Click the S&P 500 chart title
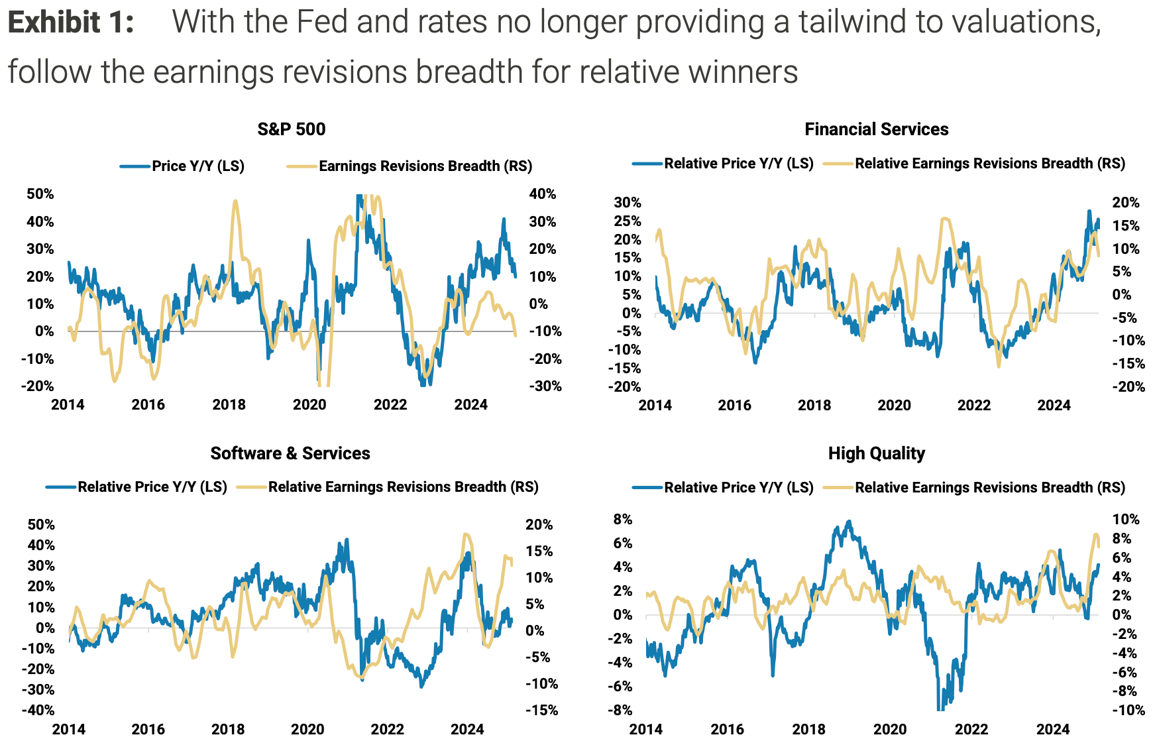point(292,129)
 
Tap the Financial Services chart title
point(876,129)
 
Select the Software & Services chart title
point(290,453)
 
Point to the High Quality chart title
point(876,453)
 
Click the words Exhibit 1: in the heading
point(71,23)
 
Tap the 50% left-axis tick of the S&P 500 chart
point(40,194)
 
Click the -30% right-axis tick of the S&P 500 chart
point(545,386)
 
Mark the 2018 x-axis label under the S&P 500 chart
point(229,405)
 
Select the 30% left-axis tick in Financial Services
point(628,203)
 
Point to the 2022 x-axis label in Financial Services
point(973,406)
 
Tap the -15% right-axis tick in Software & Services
point(542,711)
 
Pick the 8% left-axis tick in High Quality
point(623,520)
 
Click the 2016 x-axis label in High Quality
point(727,730)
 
